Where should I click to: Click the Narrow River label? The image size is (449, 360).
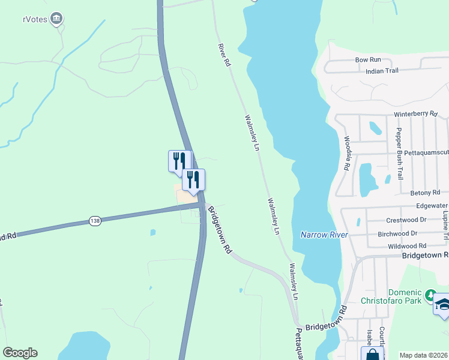coord(324,235)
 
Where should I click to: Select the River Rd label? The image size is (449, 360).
coord(224,55)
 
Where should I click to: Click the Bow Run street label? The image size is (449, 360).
coord(368,60)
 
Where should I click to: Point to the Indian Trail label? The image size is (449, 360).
coord(382,71)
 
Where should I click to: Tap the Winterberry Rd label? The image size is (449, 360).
coord(416,114)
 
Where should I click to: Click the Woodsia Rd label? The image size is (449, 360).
coord(347,154)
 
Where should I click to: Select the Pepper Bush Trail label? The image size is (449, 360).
coord(399,154)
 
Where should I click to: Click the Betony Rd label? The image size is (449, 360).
coord(426,193)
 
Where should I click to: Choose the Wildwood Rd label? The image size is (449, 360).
coord(406,246)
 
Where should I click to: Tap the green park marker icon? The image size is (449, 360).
coord(429,295)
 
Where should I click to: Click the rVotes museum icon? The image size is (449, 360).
coord(57,19)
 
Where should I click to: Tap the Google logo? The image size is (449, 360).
coord(20,353)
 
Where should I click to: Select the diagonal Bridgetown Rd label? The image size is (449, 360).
coord(220,230)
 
